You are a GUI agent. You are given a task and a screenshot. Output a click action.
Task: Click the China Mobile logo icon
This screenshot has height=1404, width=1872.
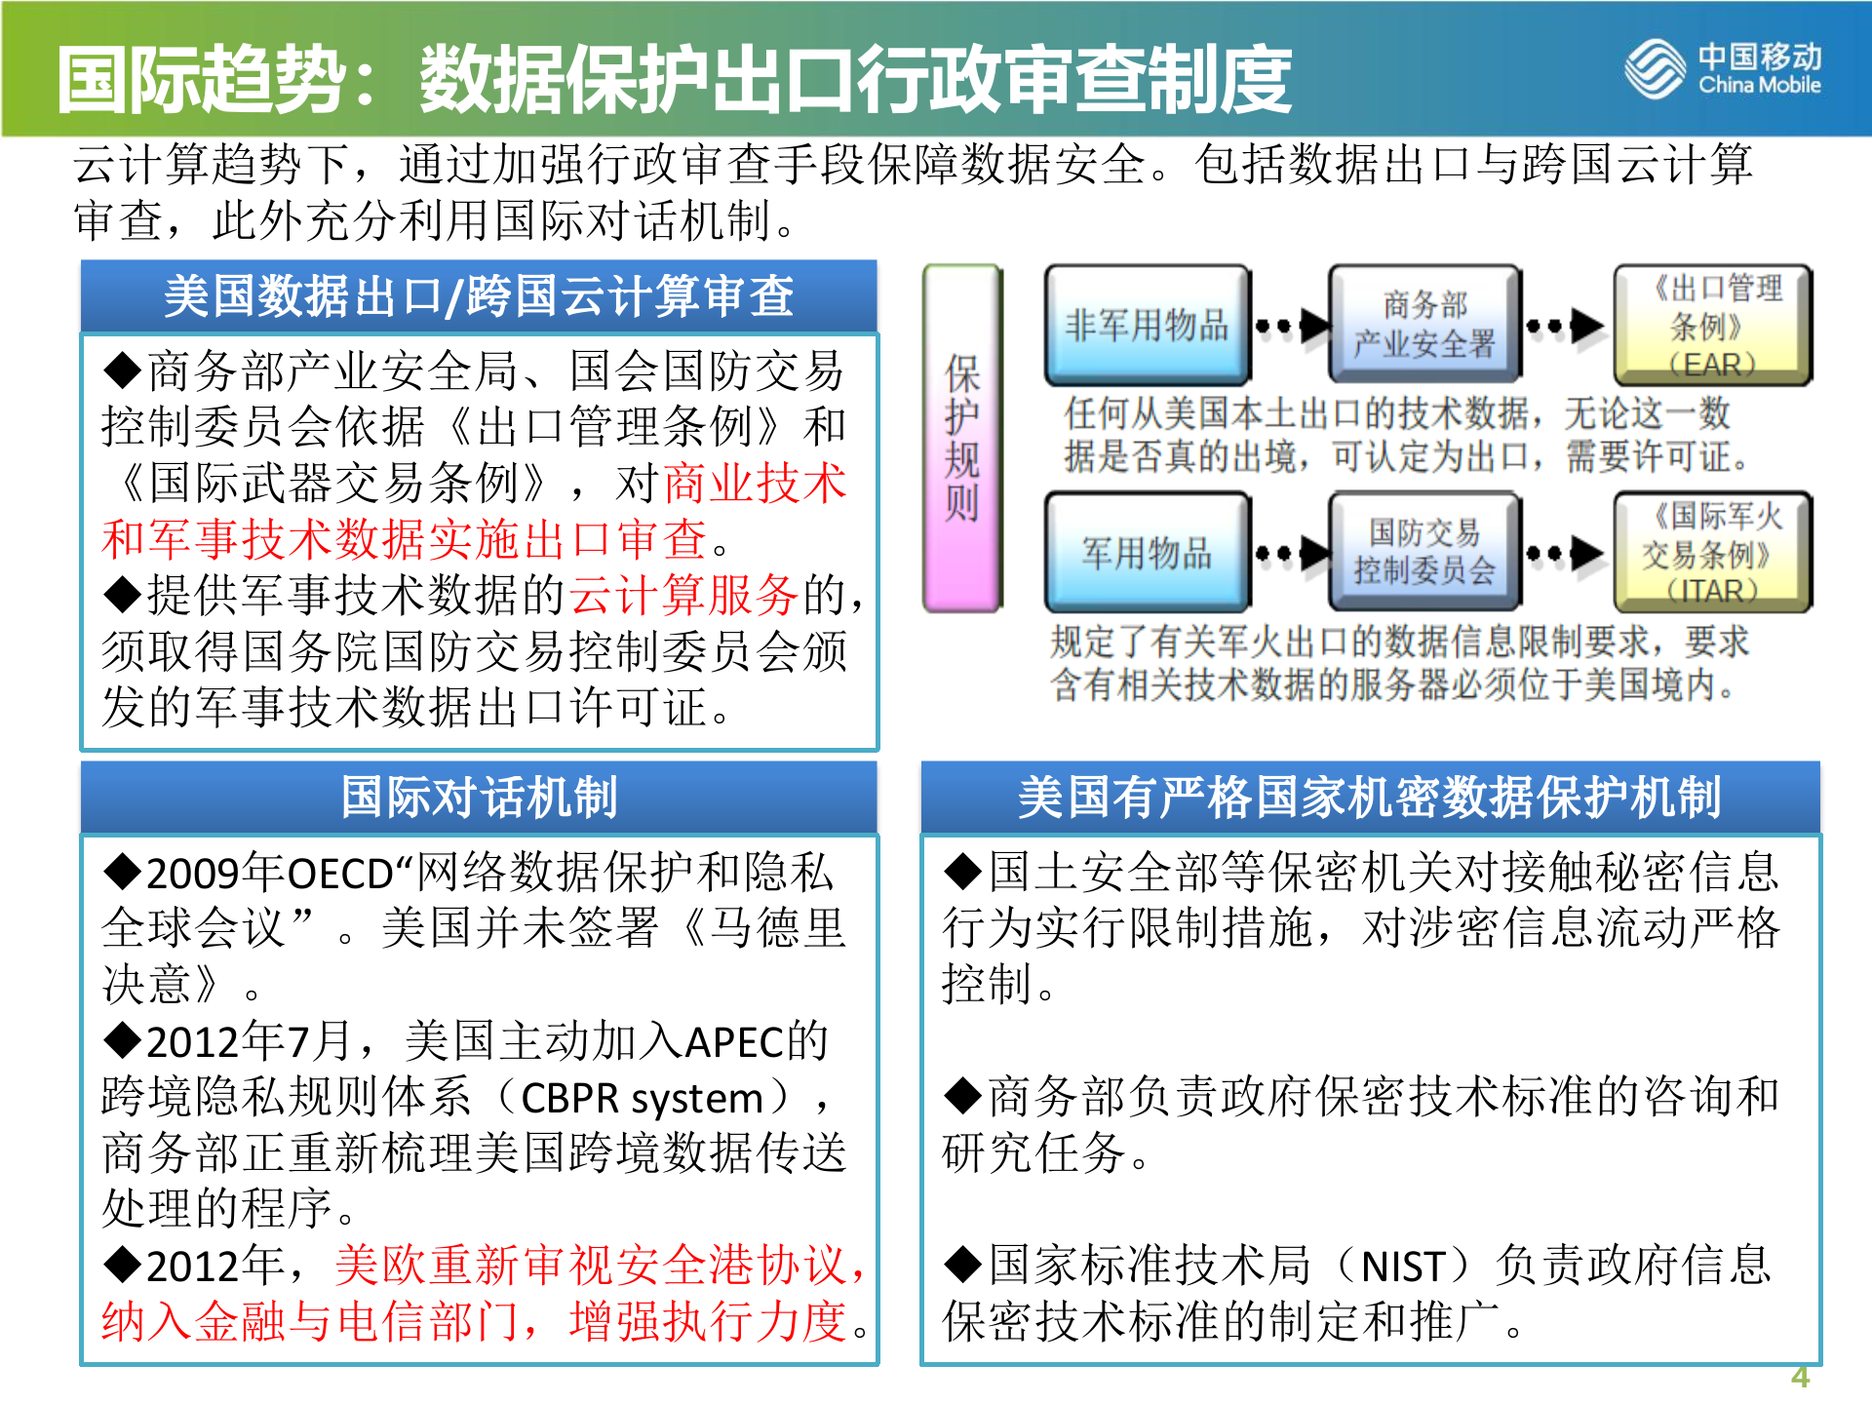1655,69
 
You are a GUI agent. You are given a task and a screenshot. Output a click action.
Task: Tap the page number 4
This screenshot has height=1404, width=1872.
1800,1376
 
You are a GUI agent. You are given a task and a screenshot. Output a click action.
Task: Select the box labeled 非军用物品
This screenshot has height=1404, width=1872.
1147,325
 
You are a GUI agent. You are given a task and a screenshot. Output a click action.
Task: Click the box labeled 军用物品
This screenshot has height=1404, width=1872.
1147,553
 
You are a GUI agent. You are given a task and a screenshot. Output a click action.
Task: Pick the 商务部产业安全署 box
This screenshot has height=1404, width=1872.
1424,325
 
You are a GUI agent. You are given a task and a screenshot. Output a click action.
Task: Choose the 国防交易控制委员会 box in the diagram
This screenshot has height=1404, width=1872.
1424,553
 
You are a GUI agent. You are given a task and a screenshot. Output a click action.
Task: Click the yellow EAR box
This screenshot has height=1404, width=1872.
1712,325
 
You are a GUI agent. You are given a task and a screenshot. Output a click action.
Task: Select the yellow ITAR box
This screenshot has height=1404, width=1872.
1712,553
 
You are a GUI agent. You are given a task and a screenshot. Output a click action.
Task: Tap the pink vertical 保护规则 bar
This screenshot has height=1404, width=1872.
962,439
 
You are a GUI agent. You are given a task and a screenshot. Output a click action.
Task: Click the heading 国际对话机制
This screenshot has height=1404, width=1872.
479,797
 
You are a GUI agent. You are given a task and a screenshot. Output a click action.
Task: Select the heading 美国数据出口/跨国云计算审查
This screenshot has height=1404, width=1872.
479,295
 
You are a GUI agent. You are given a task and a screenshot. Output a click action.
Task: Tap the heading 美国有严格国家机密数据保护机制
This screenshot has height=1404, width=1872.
1370,797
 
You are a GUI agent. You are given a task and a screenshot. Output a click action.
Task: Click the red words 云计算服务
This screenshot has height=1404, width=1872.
683,595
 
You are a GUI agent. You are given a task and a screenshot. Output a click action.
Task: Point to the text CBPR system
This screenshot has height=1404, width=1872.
642,1099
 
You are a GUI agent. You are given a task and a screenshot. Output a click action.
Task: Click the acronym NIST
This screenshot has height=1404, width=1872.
1402,1267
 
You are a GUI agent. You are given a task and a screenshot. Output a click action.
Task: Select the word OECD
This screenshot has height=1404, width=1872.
340,874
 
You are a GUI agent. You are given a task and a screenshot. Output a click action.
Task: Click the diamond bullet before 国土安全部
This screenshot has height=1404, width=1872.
962,871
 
